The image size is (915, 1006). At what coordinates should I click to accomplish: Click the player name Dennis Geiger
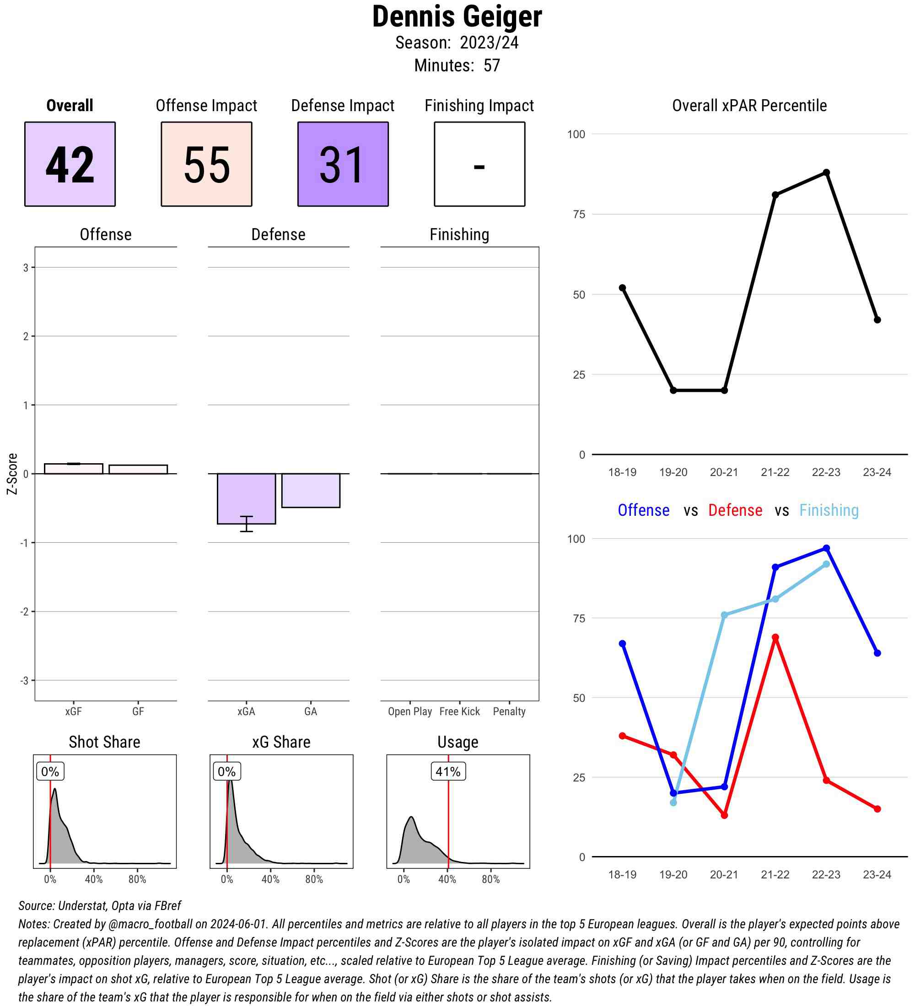[457, 16]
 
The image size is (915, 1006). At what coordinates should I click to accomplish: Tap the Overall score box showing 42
[70, 164]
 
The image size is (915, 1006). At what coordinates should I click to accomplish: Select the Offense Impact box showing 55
[206, 164]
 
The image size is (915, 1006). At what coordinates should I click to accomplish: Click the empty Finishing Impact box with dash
[479, 164]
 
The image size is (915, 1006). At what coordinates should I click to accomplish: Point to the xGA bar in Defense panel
[246, 498]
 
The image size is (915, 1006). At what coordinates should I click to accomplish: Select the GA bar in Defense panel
[311, 490]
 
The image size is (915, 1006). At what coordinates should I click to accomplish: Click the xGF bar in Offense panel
[73, 469]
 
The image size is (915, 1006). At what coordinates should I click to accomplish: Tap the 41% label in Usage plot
[448, 771]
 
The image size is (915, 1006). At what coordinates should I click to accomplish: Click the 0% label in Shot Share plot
[50, 771]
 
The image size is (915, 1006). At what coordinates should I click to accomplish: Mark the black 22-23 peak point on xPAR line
[826, 172]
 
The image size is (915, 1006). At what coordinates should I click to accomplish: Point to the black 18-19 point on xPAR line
[622, 288]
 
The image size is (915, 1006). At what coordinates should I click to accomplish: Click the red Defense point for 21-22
[775, 638]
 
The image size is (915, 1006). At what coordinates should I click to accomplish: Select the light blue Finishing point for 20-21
[724, 615]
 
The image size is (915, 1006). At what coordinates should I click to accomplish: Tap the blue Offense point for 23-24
[877, 653]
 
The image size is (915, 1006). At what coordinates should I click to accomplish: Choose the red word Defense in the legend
[735, 510]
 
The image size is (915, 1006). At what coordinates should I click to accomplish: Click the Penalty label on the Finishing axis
[509, 711]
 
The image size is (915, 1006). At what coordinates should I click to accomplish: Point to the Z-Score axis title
[12, 474]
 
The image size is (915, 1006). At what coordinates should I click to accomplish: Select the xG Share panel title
[281, 742]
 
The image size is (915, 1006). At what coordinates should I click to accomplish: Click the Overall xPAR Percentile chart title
[749, 106]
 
